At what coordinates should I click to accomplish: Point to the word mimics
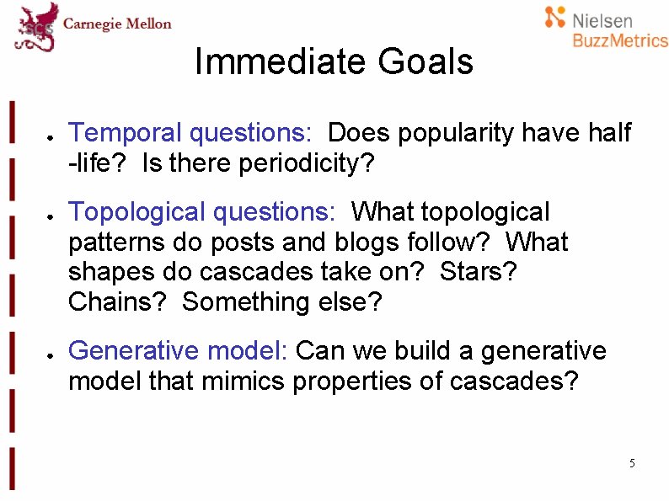tap(244, 381)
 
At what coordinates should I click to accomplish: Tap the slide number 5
tap(632, 464)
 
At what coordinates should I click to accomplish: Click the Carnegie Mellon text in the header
tap(118, 24)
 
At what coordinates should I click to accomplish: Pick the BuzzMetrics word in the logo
tap(619, 40)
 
